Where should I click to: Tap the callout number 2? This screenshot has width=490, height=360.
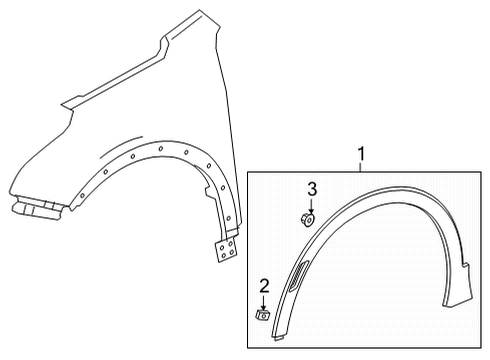[x=264, y=286]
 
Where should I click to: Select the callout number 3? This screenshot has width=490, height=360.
[x=311, y=189]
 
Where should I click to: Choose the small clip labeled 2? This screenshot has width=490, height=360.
[x=264, y=315]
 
